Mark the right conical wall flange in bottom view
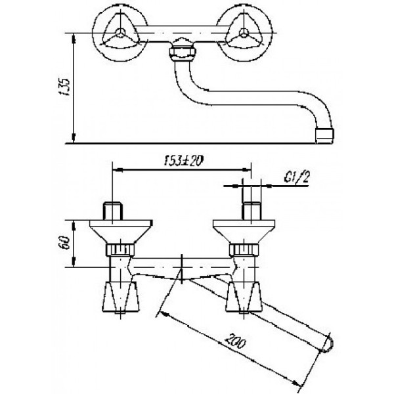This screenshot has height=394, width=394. [248, 232]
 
